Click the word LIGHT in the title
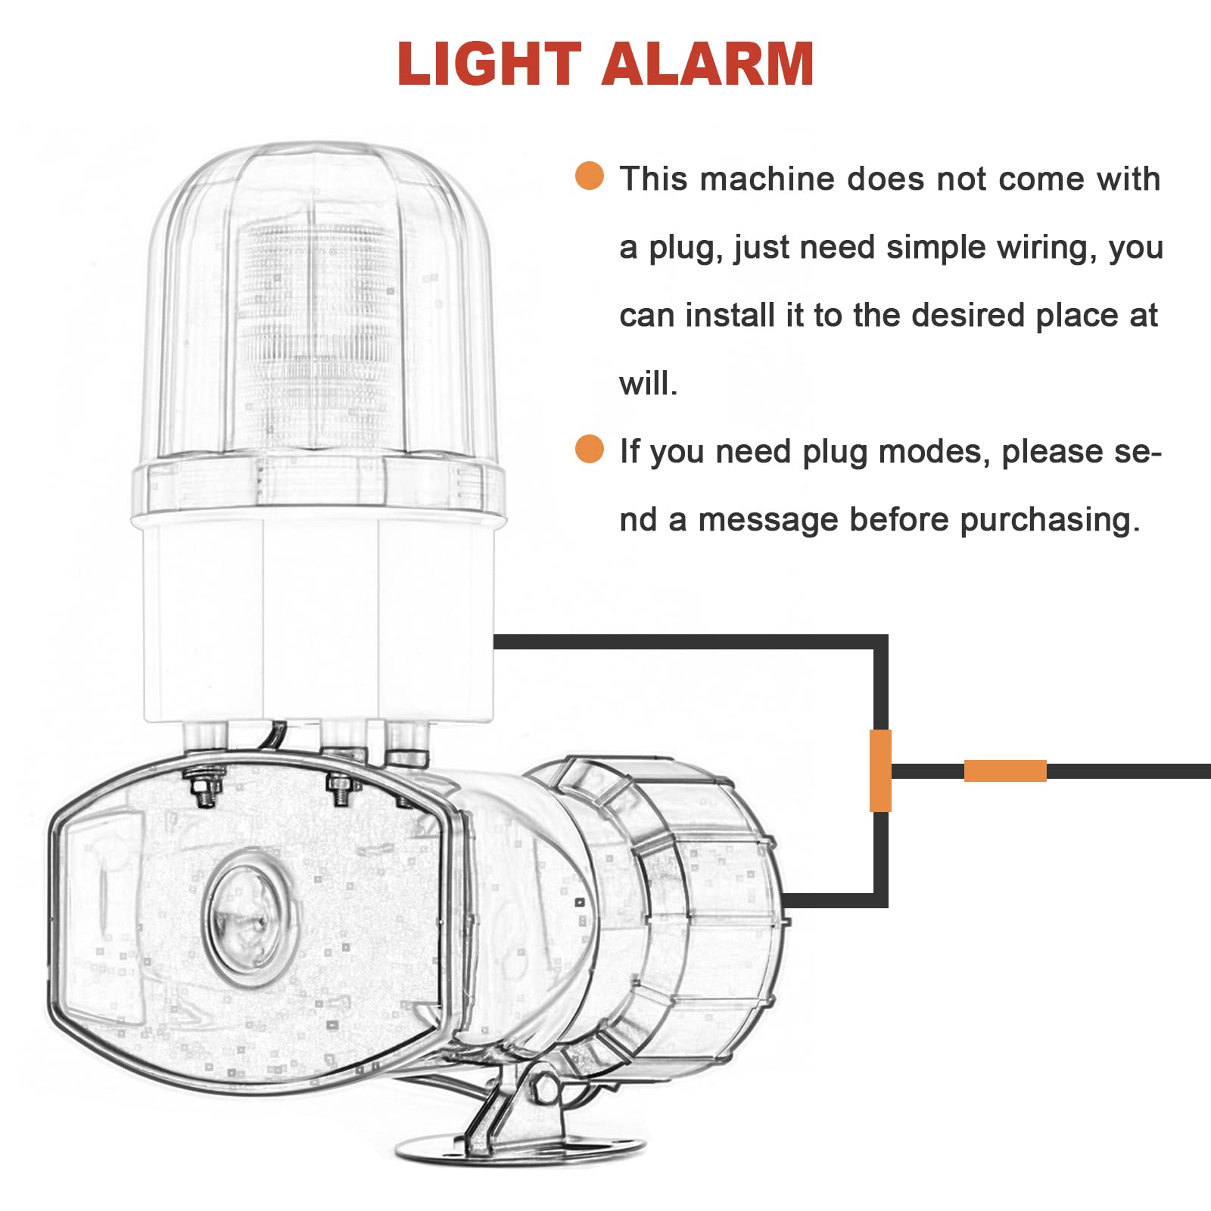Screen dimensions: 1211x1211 click(488, 64)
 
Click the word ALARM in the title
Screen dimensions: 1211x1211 click(708, 64)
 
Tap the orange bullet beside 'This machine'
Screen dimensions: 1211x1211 click(590, 176)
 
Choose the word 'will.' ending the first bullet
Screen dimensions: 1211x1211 click(648, 384)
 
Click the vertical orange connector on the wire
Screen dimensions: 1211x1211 click(880, 770)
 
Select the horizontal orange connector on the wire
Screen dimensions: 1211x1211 click(1005, 770)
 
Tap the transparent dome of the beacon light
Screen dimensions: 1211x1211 click(318, 303)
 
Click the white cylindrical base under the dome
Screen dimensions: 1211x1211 click(318, 621)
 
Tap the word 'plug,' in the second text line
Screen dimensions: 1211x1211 click(686, 248)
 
